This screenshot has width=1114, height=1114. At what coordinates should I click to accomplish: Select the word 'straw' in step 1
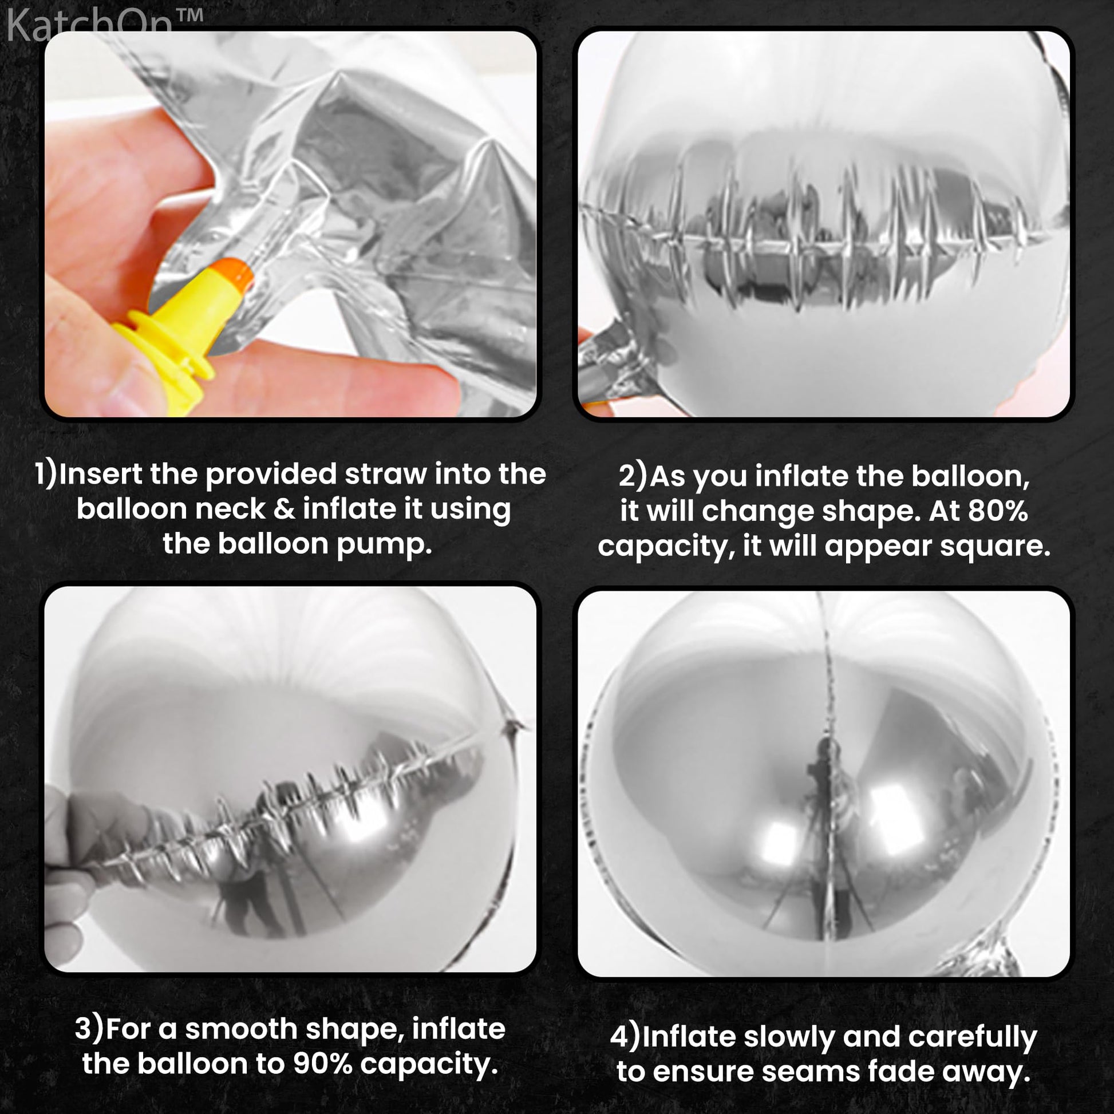click(386, 474)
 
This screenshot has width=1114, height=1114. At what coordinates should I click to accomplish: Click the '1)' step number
click(46, 475)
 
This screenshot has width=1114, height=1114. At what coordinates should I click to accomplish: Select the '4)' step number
click(625, 1037)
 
